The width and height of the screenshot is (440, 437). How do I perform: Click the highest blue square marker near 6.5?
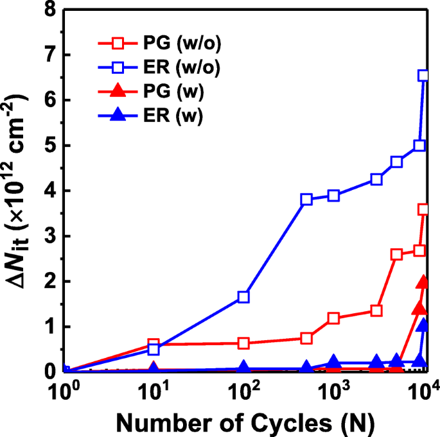[423, 76]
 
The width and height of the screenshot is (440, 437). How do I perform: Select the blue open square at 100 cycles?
[243, 297]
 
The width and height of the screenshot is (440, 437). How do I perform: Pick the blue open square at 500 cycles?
[306, 199]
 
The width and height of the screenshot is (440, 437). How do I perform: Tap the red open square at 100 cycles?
[243, 343]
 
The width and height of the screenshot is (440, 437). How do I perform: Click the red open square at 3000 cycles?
[376, 311]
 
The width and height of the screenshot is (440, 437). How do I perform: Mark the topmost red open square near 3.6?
[423, 209]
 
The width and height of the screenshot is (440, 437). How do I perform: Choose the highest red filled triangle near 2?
[423, 282]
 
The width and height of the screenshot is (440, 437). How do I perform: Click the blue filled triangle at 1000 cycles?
[333, 362]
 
